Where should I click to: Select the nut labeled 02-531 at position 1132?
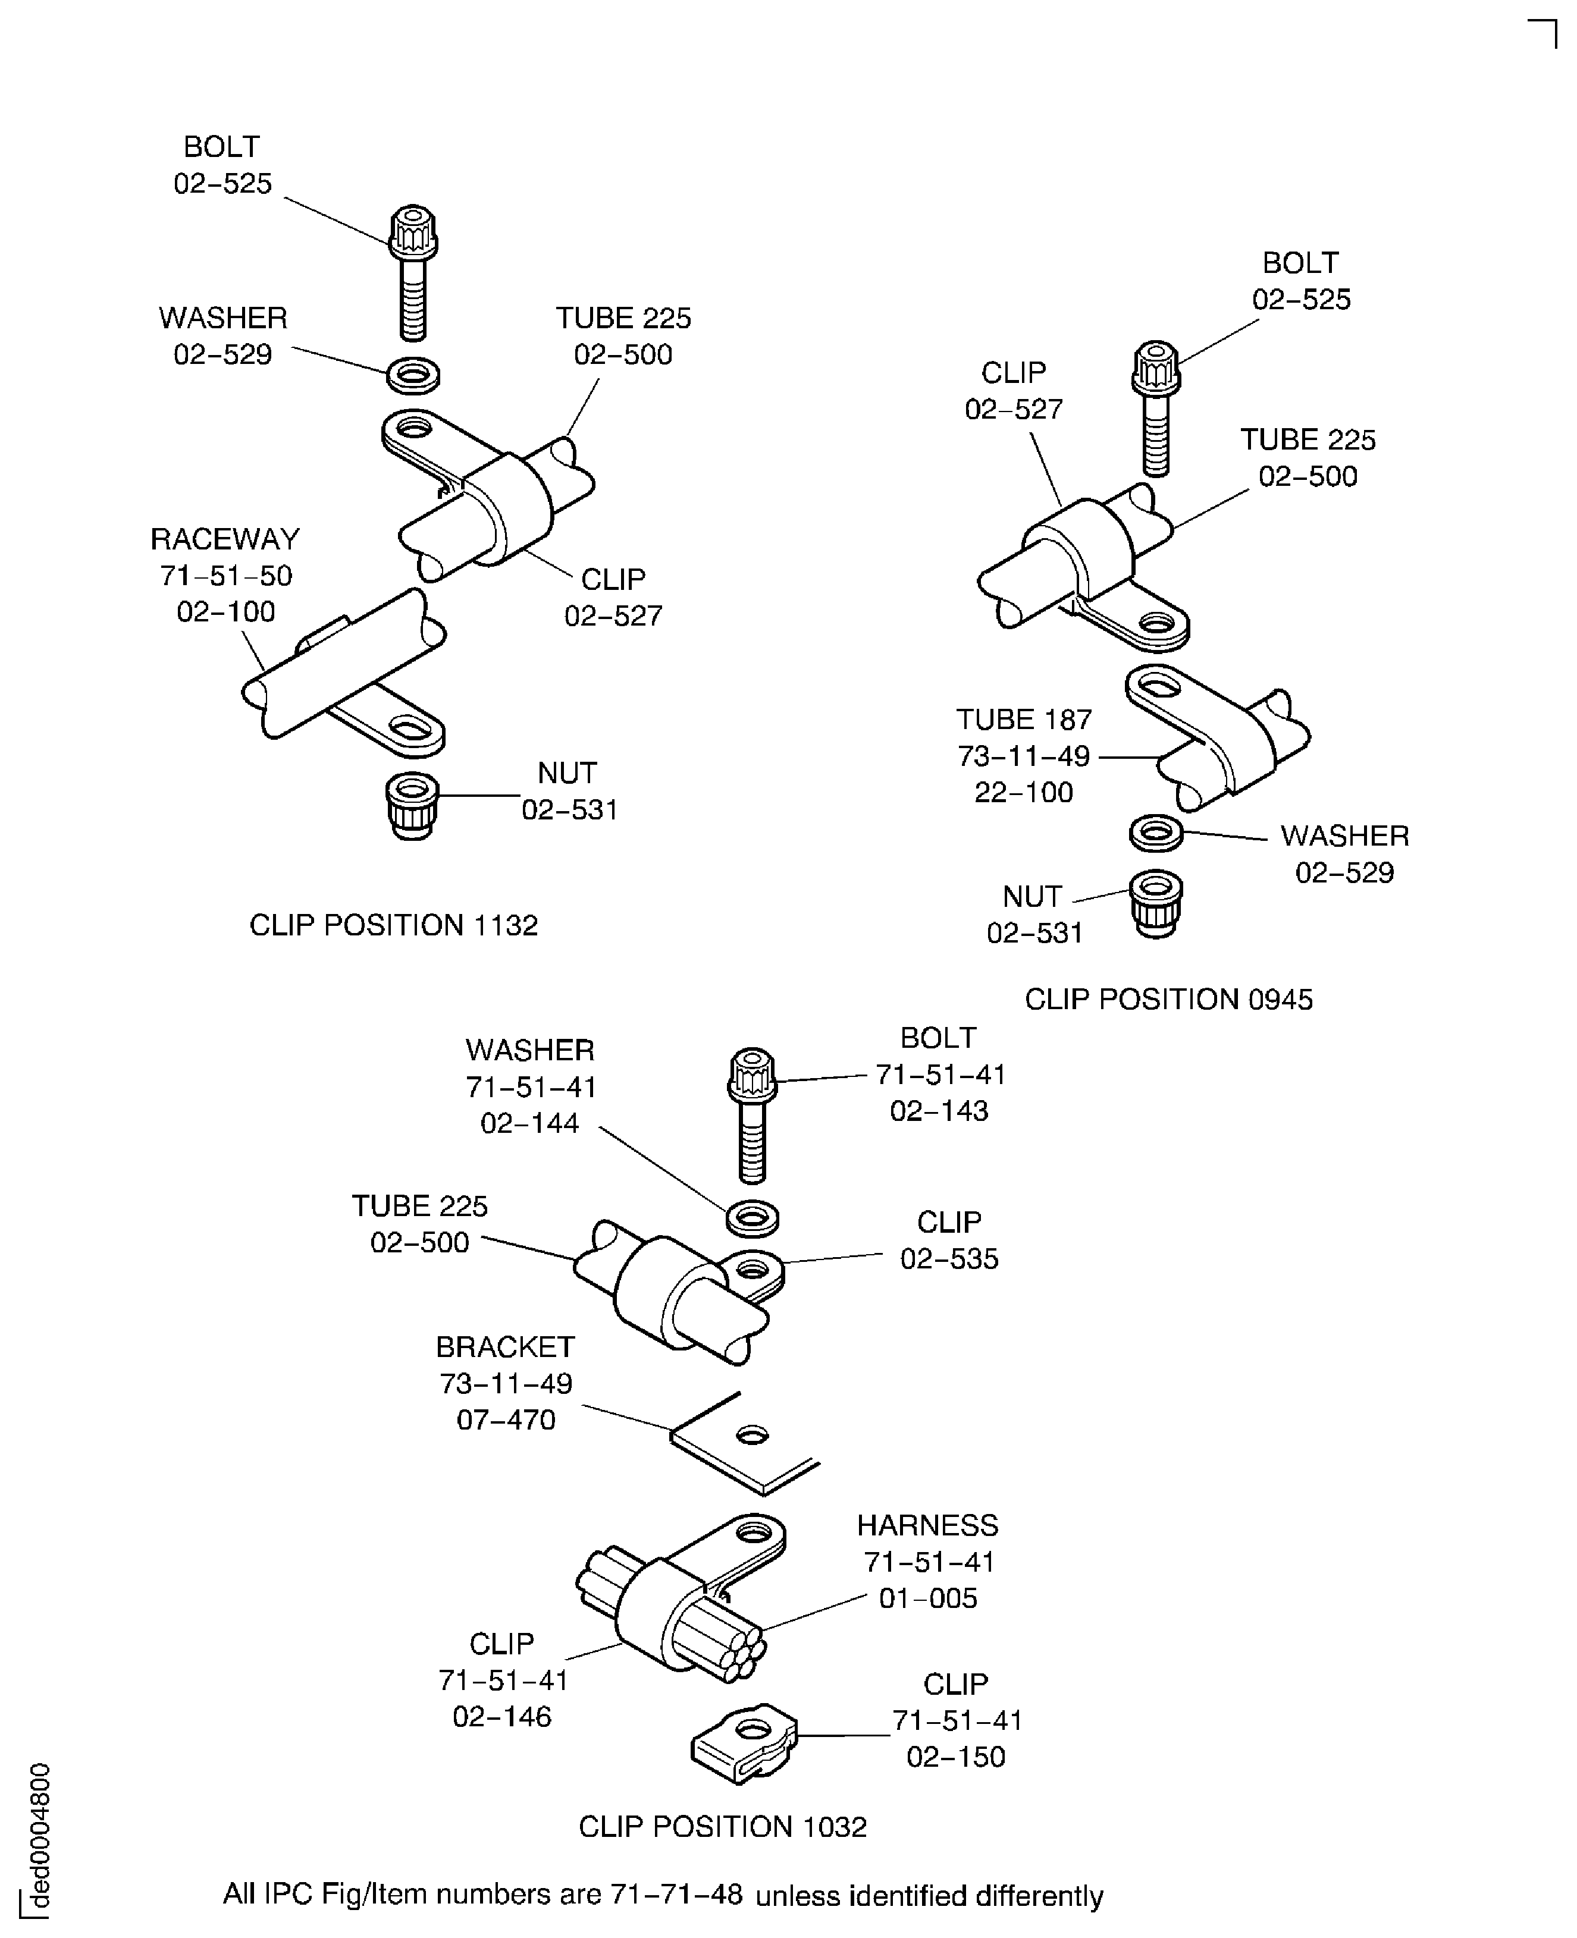pyautogui.click(x=412, y=804)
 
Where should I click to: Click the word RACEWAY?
pyautogui.click(x=224, y=539)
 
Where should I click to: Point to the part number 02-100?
pyautogui.click(x=225, y=612)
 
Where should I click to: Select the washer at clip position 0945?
pyautogui.click(x=1155, y=832)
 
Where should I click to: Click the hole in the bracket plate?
pyautogui.click(x=752, y=1435)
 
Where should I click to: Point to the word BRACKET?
pyautogui.click(x=504, y=1347)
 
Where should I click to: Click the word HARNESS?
pyautogui.click(x=927, y=1526)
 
